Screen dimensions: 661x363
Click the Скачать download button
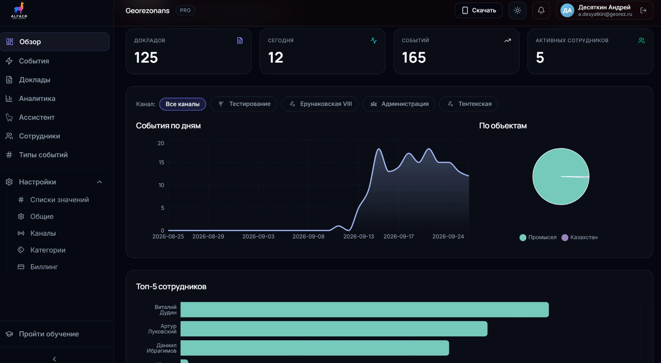[x=478, y=10]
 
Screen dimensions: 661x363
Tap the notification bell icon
[x=541, y=10]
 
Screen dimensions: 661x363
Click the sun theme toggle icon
[x=517, y=10]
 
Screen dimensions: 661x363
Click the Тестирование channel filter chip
[x=243, y=104]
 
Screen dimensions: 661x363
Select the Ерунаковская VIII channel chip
[x=319, y=104]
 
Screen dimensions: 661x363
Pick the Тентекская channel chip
[x=469, y=104]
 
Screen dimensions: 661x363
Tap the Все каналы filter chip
[x=182, y=104]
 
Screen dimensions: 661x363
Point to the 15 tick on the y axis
[x=161, y=162]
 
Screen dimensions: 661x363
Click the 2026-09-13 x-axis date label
[x=358, y=236]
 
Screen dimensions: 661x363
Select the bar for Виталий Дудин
[x=365, y=310]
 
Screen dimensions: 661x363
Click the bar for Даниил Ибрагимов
[x=315, y=348]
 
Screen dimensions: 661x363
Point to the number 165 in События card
[x=414, y=57]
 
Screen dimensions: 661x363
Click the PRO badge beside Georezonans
[x=185, y=10]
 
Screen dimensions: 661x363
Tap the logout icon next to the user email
[x=643, y=10]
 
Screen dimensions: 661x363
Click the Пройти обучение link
[x=49, y=334]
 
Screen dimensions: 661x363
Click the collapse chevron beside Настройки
[x=99, y=182]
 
